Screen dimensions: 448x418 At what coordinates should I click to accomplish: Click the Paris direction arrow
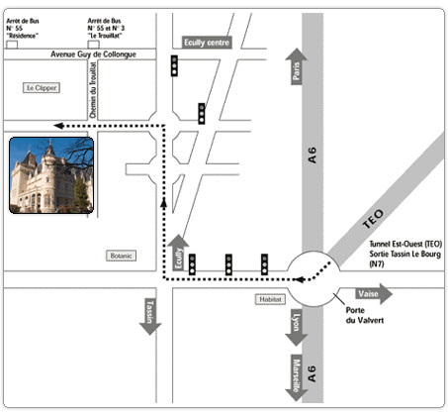297,66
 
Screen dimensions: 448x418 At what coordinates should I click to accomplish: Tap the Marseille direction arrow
297,377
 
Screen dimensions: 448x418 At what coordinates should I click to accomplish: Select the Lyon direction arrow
297,327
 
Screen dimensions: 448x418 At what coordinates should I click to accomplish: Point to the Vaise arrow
374,293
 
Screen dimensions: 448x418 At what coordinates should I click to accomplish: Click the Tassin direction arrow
150,316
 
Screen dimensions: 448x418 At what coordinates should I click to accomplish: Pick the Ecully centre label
207,43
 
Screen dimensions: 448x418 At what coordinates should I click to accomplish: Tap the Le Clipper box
42,88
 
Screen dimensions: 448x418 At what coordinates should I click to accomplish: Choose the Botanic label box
121,256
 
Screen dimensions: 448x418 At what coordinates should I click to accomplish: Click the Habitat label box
270,299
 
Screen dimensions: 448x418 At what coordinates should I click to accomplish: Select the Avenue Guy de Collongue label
93,54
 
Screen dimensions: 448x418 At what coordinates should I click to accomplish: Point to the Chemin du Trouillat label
93,90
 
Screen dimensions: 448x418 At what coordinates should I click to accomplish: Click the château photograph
51,175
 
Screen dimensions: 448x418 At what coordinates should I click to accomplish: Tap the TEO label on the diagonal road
374,219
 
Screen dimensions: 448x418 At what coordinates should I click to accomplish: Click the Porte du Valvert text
365,315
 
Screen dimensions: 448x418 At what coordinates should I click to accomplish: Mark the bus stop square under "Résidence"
12,45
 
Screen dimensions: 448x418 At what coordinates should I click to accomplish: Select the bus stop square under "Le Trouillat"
93,45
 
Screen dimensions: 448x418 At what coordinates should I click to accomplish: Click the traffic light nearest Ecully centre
174,65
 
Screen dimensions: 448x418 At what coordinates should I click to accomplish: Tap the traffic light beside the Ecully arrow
192,264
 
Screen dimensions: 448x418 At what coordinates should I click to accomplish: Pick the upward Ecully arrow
178,253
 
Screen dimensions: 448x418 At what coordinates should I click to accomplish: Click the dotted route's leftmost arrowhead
58,126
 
